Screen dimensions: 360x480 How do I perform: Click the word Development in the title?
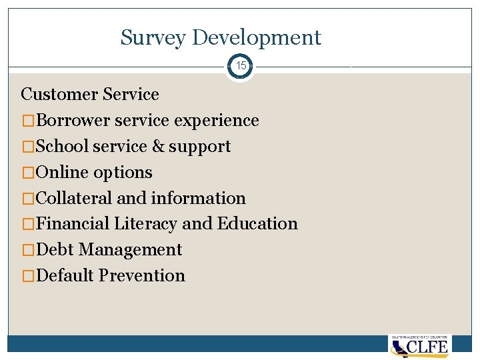[257, 38]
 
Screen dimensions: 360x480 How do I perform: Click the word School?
[63, 147]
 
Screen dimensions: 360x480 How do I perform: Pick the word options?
[123, 173]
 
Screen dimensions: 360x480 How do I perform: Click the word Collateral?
[75, 198]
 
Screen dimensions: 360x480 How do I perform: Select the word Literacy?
[146, 224]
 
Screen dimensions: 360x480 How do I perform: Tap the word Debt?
[55, 250]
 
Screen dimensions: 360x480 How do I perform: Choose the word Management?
[130, 250]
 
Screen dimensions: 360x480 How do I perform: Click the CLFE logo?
[420, 346]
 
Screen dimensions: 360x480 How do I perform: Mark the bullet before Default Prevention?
[29, 276]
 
